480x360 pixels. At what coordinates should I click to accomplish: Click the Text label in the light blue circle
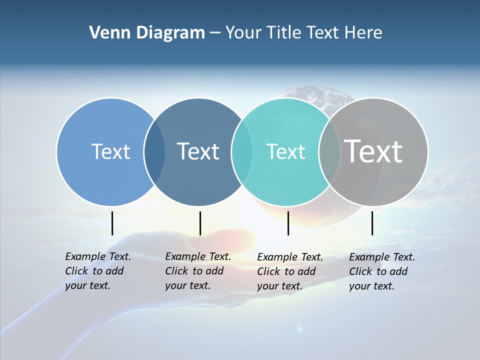[x=110, y=151]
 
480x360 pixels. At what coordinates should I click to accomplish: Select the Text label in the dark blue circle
[x=198, y=151]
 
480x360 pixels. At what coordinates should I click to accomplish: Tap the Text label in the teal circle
[x=285, y=151]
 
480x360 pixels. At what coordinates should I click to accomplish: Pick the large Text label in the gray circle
[x=373, y=151]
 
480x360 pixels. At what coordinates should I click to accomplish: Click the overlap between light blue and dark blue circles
[x=154, y=151]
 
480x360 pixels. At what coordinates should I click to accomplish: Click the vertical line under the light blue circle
[x=112, y=223]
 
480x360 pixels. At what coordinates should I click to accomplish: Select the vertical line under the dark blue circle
[x=200, y=223]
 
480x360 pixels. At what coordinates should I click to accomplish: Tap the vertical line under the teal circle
[x=288, y=223]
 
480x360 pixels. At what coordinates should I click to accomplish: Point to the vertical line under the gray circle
[x=372, y=223]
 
